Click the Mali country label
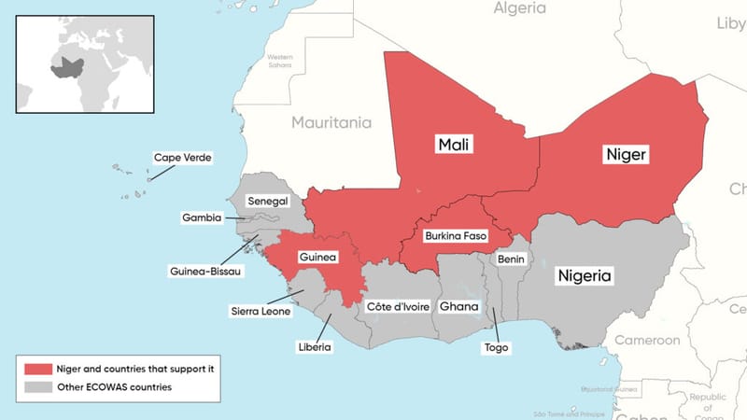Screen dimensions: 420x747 point(453,144)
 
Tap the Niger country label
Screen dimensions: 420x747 point(625,154)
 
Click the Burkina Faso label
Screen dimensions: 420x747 point(455,236)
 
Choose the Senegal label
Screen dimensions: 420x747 point(268,201)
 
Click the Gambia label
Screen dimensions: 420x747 point(202,217)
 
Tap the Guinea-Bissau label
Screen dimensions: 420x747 point(206,272)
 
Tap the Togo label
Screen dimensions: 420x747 point(496,346)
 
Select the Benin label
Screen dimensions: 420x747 point(511,259)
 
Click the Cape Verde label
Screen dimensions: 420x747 point(183,158)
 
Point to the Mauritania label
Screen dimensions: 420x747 point(331,122)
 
